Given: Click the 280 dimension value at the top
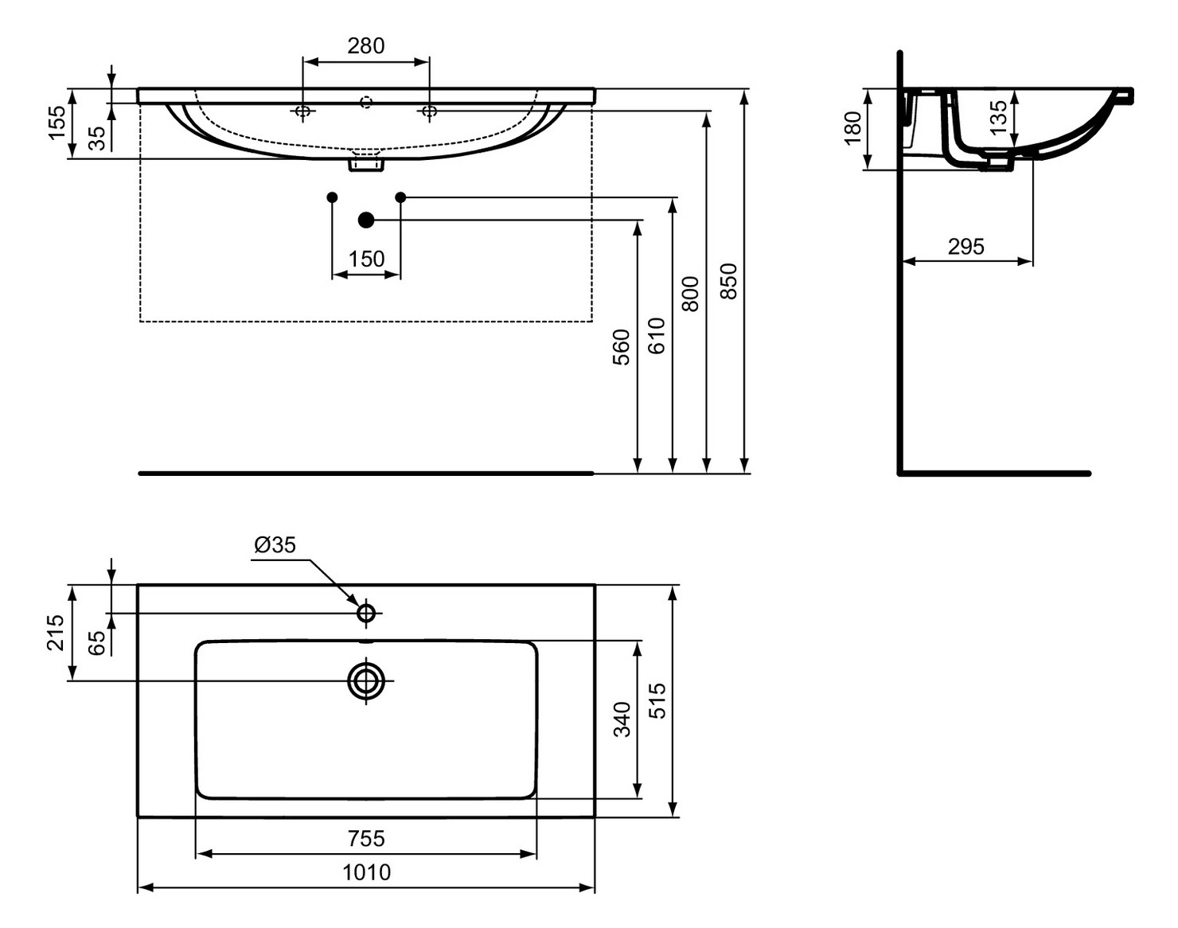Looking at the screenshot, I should (366, 46).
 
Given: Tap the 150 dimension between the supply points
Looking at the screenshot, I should (366, 259).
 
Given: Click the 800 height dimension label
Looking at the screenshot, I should (691, 293).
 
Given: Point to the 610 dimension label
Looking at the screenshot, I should (656, 335).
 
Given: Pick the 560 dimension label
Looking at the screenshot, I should (621, 347).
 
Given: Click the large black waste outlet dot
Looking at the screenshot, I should (366, 220).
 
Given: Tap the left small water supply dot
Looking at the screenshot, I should (333, 197).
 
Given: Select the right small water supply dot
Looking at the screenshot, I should (400, 197).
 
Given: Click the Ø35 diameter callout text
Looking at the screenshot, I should (275, 545).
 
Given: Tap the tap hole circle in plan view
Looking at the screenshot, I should (366, 613).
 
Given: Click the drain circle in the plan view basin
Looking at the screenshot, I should (366, 680).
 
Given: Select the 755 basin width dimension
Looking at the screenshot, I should (366, 838).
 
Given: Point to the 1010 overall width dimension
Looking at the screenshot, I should (366, 872).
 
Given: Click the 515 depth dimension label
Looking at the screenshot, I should (657, 700).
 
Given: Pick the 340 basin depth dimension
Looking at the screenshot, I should (622, 719).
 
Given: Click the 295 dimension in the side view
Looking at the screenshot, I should (966, 247).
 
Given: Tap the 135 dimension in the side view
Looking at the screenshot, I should (998, 116).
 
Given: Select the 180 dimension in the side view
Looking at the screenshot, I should (852, 128).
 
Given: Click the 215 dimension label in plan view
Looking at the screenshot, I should (55, 632).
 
